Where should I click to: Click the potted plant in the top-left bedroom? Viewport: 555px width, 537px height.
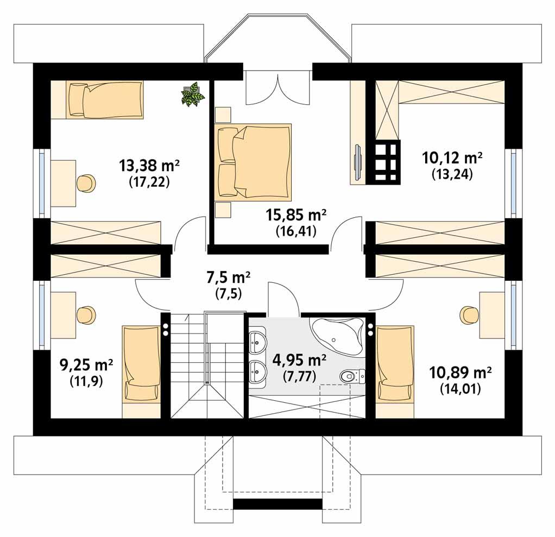tap(192, 94)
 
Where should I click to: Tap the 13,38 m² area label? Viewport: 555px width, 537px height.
tap(149, 165)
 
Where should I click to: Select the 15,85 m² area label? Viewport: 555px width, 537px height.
tap(296, 215)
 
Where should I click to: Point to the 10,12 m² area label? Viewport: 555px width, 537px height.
tap(452, 158)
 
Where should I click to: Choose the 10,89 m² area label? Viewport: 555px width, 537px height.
tap(461, 372)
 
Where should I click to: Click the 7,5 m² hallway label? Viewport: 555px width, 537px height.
tap(228, 278)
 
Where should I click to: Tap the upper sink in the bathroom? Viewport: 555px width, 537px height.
tap(257, 342)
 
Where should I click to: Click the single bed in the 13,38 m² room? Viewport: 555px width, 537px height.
tap(105, 99)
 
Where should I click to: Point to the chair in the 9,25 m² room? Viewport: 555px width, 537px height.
tap(86, 314)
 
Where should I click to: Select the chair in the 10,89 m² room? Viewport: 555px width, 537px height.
tap(469, 314)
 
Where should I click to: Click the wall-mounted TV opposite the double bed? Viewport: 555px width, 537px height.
tap(358, 161)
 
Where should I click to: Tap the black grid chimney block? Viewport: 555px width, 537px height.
tap(384, 161)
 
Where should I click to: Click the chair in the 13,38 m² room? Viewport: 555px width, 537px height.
tap(86, 183)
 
